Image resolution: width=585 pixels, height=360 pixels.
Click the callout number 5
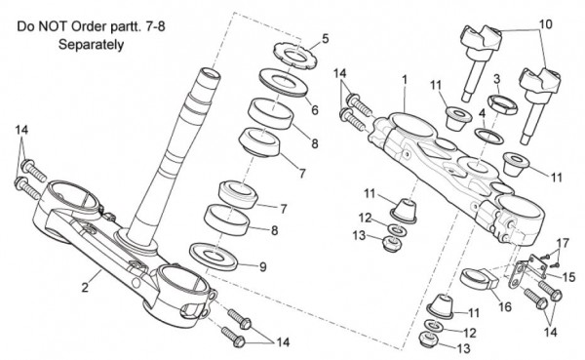point(326,38)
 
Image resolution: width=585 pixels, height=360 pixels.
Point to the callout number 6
point(315,110)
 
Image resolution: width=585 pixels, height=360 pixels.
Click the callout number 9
point(263,267)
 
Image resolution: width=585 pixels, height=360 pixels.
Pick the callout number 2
point(86,288)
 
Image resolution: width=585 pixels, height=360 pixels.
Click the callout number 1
point(405,80)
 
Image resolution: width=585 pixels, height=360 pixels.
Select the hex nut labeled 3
point(502,104)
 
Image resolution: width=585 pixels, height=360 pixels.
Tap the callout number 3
point(496,79)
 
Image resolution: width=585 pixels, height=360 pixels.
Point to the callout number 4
point(482,112)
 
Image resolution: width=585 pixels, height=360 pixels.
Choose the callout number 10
point(545,24)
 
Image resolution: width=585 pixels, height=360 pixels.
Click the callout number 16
point(505,307)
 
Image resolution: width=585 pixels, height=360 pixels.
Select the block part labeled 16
point(480,280)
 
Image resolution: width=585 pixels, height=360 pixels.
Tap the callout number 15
point(568,277)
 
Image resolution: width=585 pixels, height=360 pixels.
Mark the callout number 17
point(563,244)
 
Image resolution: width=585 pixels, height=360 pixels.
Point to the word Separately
point(91,45)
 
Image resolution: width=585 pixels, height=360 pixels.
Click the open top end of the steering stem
point(211,73)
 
